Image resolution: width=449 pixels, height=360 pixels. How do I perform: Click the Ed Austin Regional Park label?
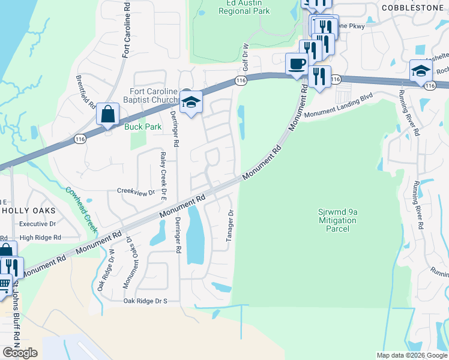(x=248, y=7)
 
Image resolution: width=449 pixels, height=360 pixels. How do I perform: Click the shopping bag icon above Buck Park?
(x=107, y=113)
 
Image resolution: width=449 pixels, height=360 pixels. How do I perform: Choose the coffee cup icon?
(x=297, y=64)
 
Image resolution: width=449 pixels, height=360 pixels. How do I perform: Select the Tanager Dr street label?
(x=229, y=226)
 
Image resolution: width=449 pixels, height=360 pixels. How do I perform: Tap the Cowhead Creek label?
(x=81, y=210)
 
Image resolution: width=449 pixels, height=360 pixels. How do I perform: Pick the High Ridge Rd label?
(x=40, y=238)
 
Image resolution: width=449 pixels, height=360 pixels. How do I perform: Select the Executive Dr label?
(x=37, y=224)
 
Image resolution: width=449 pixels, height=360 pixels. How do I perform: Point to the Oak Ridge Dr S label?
(x=145, y=301)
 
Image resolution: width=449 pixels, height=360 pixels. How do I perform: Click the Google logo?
(x=20, y=353)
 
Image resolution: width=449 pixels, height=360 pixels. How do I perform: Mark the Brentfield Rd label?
(x=85, y=92)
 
